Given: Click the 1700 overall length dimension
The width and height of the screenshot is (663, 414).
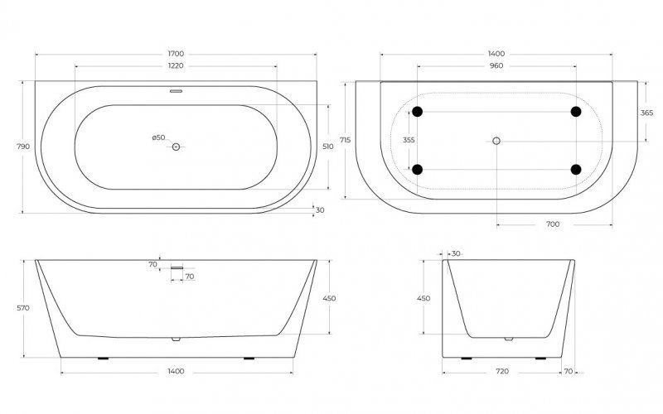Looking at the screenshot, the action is [176, 54].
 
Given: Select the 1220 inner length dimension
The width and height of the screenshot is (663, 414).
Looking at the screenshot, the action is [176, 65].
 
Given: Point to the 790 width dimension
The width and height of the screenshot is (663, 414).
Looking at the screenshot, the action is [23, 147].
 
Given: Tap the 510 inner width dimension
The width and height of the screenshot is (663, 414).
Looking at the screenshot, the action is [328, 147].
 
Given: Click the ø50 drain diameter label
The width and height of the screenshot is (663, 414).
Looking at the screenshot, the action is [158, 137].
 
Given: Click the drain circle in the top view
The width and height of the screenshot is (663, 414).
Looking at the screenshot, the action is [176, 147].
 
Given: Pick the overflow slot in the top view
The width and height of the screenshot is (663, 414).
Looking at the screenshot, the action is [176, 91].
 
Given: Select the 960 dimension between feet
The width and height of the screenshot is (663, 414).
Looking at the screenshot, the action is [496, 65].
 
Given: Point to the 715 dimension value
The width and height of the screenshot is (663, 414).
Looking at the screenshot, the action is [346, 140].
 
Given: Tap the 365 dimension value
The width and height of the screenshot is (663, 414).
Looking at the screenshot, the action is [646, 113].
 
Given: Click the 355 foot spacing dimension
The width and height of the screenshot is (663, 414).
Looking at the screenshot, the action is [409, 140].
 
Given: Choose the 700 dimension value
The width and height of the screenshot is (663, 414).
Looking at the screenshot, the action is [553, 224].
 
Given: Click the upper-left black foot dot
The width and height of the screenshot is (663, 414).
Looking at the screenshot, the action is [418, 112].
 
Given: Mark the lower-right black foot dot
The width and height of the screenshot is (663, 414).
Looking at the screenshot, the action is [575, 170].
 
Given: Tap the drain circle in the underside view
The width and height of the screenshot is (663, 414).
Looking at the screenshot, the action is [496, 141].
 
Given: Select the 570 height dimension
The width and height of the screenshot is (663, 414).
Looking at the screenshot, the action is [23, 308].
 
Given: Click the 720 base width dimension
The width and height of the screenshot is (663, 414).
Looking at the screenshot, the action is [502, 371].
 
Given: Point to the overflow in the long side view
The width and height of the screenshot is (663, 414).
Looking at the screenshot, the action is [177, 267].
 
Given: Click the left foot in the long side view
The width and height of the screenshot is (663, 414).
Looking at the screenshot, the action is [103, 359].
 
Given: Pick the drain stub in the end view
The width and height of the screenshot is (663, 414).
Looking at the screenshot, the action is [509, 339].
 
